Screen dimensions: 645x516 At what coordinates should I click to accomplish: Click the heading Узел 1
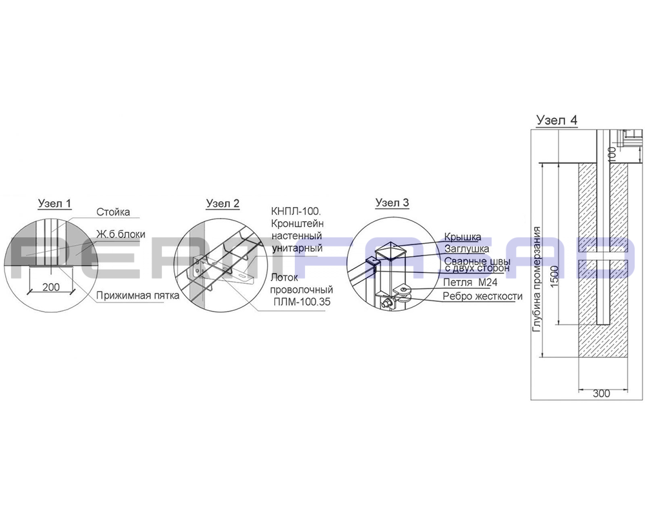pyautogui.click(x=55, y=203)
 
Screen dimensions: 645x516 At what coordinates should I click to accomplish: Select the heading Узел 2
pyautogui.click(x=223, y=203)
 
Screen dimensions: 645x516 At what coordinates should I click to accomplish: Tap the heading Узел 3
pyautogui.click(x=392, y=203)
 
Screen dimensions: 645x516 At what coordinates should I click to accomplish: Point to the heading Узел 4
pyautogui.click(x=557, y=120)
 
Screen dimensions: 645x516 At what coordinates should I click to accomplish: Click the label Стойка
pyautogui.click(x=113, y=212)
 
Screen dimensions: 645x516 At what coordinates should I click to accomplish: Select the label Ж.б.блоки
pyautogui.click(x=121, y=234)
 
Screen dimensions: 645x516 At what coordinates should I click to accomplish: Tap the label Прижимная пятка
pyautogui.click(x=138, y=295)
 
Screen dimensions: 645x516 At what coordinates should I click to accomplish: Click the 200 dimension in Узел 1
pyautogui.click(x=51, y=287)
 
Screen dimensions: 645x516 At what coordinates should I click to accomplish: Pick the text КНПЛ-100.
pyautogui.click(x=296, y=212)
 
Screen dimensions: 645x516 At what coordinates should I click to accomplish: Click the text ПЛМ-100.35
pyautogui.click(x=302, y=302)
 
